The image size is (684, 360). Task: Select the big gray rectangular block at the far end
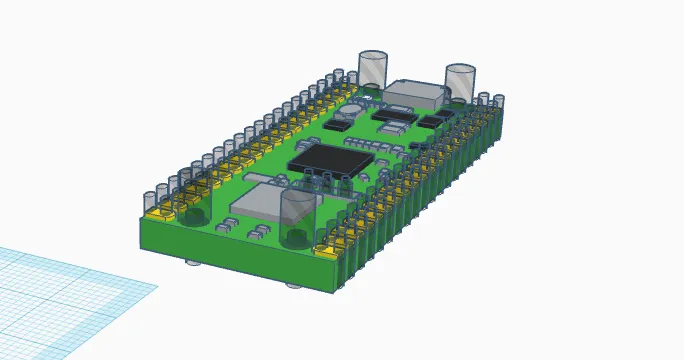coord(414,94)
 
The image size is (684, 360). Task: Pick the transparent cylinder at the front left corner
coord(191,204)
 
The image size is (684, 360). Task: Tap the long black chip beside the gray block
coord(393,115)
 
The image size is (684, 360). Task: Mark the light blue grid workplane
coord(60,290)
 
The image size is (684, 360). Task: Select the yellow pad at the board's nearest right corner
coord(327,250)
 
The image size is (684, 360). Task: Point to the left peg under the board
coord(193,263)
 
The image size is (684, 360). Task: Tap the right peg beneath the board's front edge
coord(293,285)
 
